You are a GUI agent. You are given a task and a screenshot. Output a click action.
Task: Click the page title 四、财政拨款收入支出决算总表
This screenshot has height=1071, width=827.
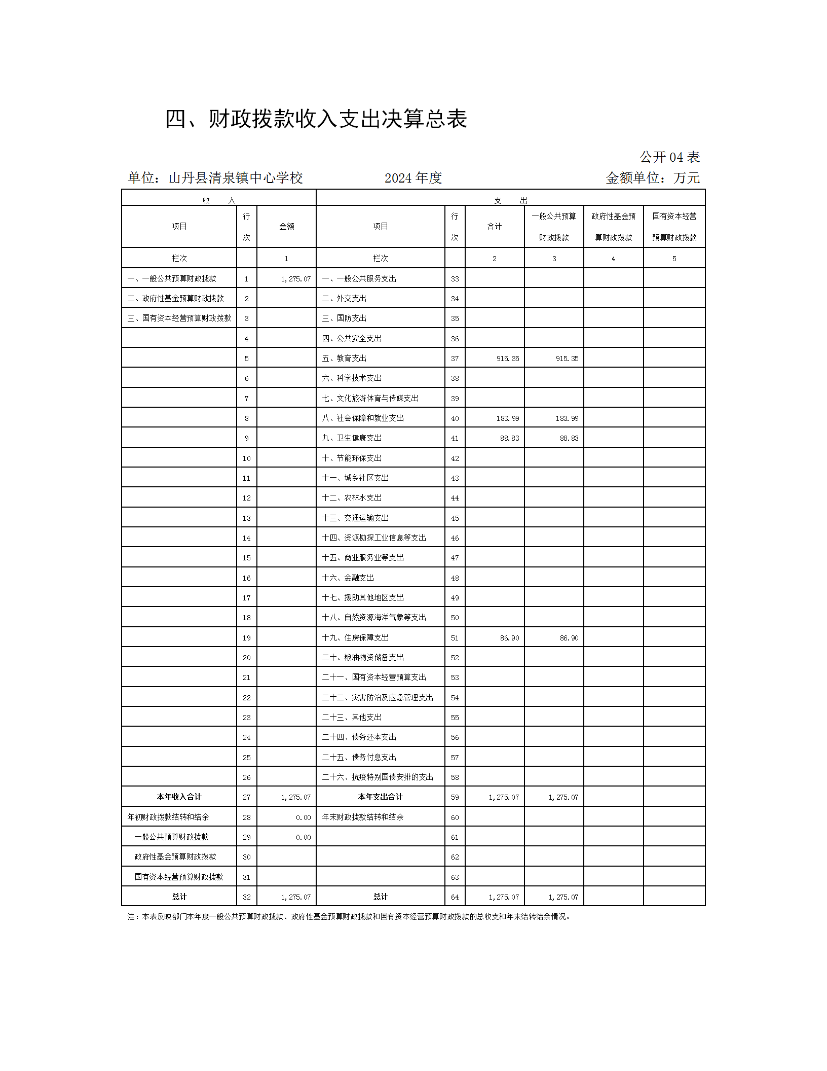[316, 119]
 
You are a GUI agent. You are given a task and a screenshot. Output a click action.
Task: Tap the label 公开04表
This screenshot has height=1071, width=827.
[669, 157]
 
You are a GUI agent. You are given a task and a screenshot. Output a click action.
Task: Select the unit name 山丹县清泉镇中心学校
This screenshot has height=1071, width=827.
[236, 178]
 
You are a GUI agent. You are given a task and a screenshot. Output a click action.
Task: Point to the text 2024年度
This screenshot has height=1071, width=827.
[413, 178]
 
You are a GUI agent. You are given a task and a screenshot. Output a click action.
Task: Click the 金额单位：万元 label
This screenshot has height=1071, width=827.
[653, 178]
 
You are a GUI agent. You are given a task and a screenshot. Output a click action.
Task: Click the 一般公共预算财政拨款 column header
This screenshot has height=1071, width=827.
[554, 227]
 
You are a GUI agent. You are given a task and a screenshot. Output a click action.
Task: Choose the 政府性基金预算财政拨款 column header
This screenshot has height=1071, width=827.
[613, 227]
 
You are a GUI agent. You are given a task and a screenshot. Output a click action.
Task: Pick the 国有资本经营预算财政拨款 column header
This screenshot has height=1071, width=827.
[674, 227]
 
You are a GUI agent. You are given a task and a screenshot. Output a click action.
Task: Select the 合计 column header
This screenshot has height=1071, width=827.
[495, 227]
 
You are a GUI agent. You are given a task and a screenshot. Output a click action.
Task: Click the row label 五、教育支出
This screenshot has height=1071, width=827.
[344, 358]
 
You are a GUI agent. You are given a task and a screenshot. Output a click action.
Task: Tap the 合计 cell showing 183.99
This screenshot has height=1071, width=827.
[508, 418]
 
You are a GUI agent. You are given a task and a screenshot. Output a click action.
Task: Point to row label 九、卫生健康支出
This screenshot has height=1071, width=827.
[352, 438]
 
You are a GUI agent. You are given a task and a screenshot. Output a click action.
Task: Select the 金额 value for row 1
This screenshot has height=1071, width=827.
[296, 279]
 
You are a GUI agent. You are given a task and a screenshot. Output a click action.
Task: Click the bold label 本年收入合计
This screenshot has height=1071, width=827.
[179, 797]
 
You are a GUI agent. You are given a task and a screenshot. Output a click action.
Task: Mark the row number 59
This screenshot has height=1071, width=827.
[455, 797]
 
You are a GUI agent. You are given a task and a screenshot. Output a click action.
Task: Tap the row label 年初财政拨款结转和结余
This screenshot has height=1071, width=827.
[168, 817]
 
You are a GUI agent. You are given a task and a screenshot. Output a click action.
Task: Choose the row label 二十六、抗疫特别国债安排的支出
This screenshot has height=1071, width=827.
[378, 777]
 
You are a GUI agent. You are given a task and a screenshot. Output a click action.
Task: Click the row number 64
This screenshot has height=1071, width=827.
[455, 897]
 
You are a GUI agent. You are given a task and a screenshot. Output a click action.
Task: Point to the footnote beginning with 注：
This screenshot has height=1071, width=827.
[350, 916]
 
